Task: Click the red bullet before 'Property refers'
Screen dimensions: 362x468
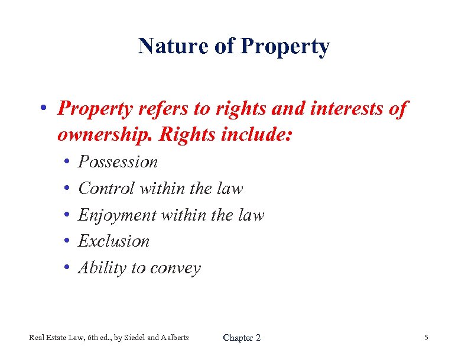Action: point(44,110)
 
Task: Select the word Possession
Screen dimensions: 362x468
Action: point(118,161)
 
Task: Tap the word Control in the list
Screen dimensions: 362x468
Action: point(106,188)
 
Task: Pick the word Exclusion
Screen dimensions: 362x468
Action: point(114,241)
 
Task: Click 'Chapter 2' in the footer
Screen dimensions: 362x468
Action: point(241,338)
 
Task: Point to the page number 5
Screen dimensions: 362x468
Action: point(426,338)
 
